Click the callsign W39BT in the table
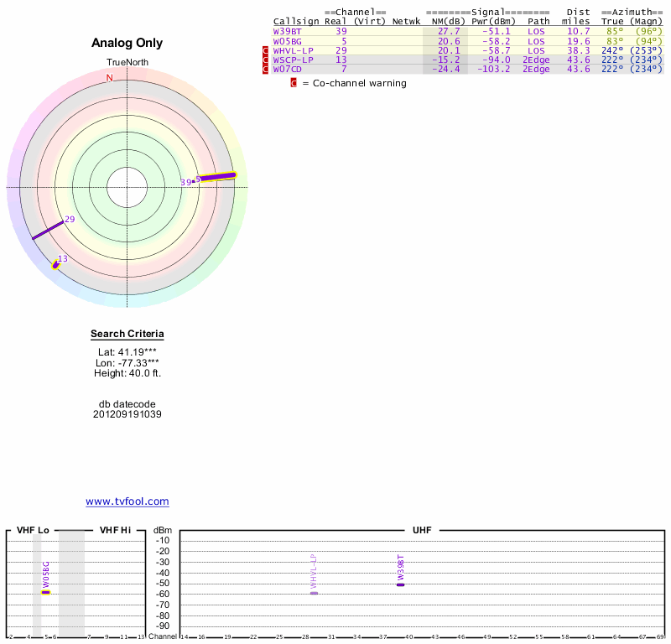(x=287, y=31)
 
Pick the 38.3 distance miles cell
(x=579, y=50)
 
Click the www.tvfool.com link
(x=127, y=501)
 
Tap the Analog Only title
(x=127, y=43)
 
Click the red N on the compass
(x=109, y=78)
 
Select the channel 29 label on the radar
(x=70, y=220)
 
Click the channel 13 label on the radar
(x=62, y=259)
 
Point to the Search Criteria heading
(x=127, y=335)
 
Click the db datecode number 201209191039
(x=127, y=414)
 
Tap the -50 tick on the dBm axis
(x=163, y=584)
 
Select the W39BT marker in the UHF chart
(x=401, y=584)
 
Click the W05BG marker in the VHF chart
(x=46, y=592)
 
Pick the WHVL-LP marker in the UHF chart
(x=314, y=593)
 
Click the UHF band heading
(x=421, y=530)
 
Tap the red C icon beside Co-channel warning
(x=294, y=83)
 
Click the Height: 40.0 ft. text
(x=127, y=373)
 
